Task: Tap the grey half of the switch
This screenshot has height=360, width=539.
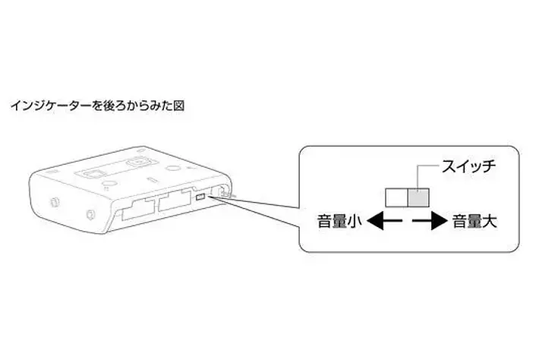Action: pyautogui.click(x=419, y=198)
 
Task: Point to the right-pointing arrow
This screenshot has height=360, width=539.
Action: pyautogui.click(x=430, y=223)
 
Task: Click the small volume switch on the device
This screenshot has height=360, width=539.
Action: pyautogui.click(x=198, y=197)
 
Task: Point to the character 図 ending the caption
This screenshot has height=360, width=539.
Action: pyautogui.click(x=178, y=105)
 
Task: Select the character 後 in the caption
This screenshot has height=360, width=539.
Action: pyautogui.click(x=104, y=105)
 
